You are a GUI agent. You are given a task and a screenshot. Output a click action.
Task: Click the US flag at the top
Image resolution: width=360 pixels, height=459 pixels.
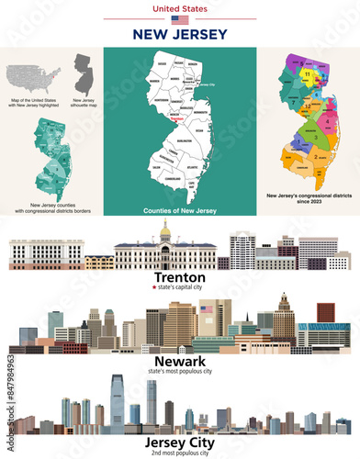point(180,19)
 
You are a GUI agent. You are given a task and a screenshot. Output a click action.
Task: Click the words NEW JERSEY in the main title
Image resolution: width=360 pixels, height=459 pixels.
point(180,35)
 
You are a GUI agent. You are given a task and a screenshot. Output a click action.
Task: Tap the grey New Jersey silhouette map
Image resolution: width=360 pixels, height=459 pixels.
point(84,73)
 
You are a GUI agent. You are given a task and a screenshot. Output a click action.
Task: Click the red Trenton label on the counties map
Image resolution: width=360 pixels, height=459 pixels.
point(177,118)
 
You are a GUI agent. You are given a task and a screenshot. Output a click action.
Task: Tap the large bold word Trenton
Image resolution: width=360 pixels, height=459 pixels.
point(180,276)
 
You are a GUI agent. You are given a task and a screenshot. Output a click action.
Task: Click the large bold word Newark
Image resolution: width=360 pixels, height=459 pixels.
point(180,361)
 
